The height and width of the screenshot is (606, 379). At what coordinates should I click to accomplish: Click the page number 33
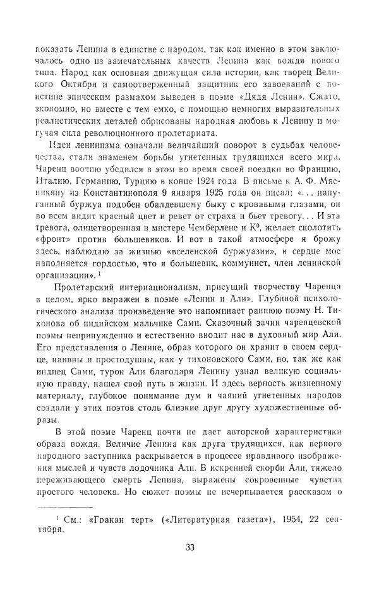point(189,547)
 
